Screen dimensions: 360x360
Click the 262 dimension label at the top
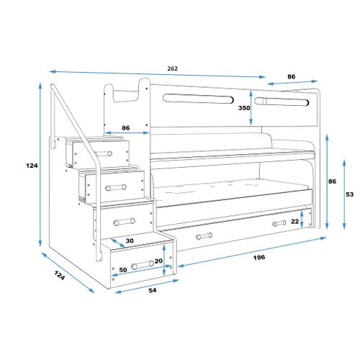coord(173,68)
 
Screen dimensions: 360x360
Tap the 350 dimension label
coord(244,108)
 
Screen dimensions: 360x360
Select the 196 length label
coord(259,258)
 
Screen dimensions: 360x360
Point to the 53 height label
coord(350,194)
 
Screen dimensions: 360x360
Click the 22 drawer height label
coord(295,221)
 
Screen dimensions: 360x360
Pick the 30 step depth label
coord(130,240)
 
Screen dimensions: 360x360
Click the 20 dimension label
coord(158,261)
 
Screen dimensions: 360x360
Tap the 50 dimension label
coord(123,270)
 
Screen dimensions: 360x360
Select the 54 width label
coord(153,290)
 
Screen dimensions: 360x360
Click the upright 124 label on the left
coord(32,166)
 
